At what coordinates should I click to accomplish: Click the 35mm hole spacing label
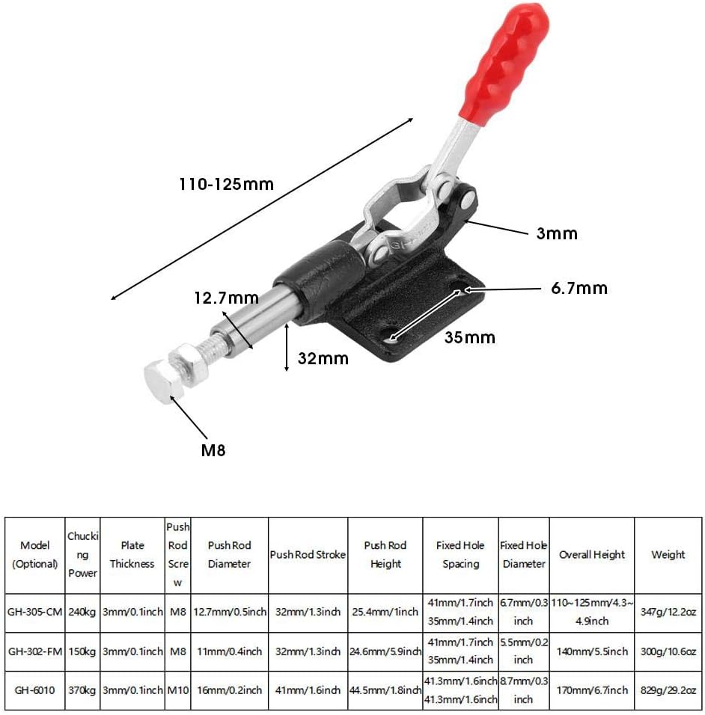470,337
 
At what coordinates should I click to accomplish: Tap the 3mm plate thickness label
557,233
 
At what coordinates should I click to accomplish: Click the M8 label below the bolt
213,450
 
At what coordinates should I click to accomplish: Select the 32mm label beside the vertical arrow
323,358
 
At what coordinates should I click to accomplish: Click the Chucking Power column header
83,554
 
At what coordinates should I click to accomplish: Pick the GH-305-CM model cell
35,612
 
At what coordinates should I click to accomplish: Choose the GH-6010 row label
35,690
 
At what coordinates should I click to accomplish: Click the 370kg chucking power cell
83,690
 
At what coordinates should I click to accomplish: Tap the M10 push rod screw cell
177,690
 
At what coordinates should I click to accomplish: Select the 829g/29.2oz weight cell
668,690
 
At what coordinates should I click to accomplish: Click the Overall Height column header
591,554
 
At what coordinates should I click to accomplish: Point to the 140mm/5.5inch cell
591,651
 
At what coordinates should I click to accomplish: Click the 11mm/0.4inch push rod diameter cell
229,651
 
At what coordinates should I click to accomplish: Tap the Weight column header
668,554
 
